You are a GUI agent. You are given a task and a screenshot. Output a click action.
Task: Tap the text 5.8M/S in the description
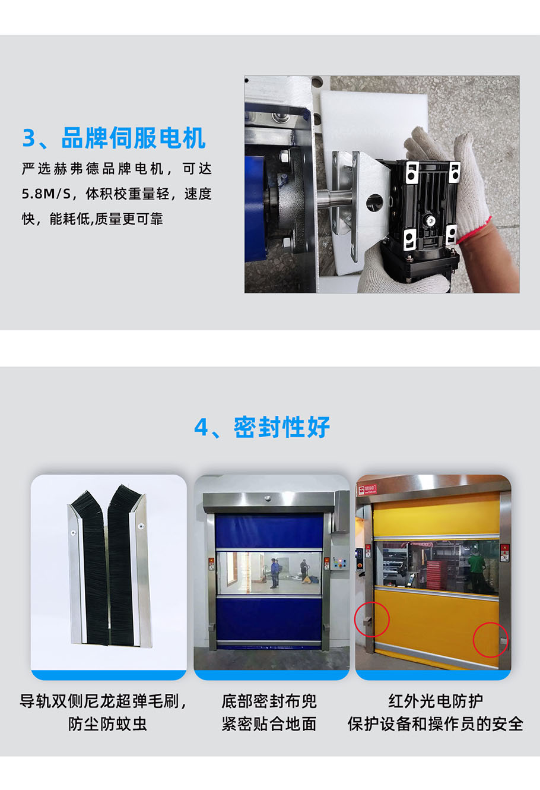coord(46,194)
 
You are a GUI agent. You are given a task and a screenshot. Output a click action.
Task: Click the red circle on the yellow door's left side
coord(371,619)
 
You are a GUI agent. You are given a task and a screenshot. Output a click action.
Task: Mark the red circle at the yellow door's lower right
coord(491,640)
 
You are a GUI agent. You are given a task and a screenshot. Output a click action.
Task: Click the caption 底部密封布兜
coord(269,701)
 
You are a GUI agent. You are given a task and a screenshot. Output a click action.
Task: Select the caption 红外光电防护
coord(436,701)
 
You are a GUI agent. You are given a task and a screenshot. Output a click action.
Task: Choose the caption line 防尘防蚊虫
coord(107,724)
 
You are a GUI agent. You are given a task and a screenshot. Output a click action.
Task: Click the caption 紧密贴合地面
coord(269,724)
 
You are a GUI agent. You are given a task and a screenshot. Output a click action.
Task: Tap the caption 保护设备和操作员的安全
coord(436,724)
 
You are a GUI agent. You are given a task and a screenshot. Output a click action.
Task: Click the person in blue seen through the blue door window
coord(274,573)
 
